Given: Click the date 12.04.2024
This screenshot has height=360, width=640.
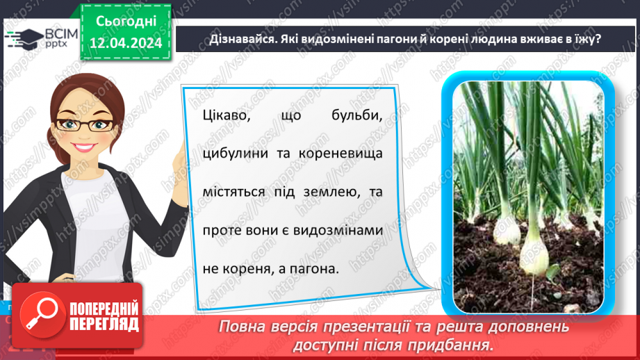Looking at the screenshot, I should click(126, 42).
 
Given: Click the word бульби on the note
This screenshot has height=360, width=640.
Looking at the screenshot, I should click(359, 115).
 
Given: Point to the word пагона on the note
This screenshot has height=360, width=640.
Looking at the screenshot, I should click(314, 267).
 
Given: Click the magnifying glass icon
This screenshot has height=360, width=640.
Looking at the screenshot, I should click(40, 316).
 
